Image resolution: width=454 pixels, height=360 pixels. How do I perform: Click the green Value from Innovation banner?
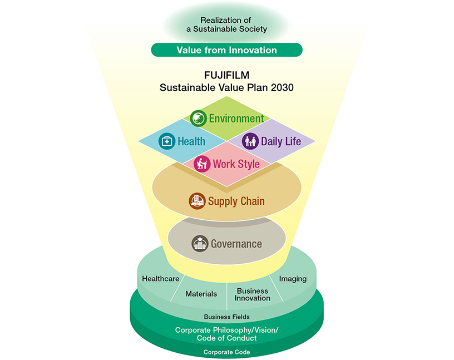(x=226, y=50)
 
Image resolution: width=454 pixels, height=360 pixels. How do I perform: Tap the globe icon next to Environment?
(x=198, y=119)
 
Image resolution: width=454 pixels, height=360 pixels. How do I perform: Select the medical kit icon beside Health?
(x=166, y=141)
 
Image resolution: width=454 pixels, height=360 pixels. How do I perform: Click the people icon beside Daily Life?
(x=250, y=141)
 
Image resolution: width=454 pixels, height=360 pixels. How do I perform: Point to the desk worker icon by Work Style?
(x=201, y=164)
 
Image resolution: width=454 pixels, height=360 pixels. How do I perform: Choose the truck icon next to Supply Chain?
(x=196, y=201)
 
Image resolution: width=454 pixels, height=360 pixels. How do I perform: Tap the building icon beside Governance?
(x=200, y=244)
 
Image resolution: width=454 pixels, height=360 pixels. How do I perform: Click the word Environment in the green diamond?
(x=236, y=119)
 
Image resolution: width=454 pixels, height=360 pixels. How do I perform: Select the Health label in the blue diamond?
(x=191, y=141)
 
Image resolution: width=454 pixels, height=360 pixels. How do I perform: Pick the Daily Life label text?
(x=281, y=141)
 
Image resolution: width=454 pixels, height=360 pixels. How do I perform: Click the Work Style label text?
(x=235, y=164)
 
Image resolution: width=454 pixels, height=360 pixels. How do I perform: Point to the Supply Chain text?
(x=236, y=201)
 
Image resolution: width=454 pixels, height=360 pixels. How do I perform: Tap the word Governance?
(x=236, y=244)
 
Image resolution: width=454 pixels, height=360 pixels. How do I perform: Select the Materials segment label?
(x=201, y=293)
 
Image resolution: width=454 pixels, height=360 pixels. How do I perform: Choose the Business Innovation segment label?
(x=253, y=294)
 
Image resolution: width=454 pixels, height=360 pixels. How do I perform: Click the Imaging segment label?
(x=293, y=279)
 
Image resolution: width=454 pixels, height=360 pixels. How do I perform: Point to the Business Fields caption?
(x=226, y=317)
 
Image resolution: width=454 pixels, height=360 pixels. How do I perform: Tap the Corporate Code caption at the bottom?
(x=226, y=352)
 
